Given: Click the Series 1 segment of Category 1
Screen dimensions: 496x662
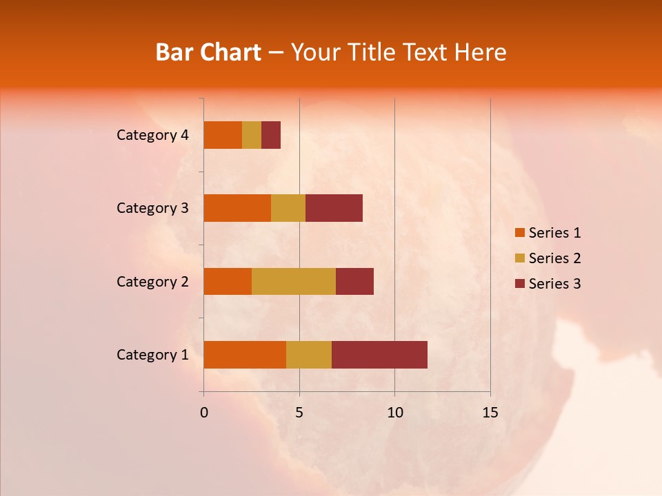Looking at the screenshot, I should (x=245, y=354).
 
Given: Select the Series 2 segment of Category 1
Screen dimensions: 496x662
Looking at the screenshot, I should (x=309, y=354).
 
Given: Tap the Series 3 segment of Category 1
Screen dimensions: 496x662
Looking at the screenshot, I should (x=379, y=354).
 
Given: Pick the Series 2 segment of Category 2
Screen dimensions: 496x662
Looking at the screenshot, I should (x=294, y=281).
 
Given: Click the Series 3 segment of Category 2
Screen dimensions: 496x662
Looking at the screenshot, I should (x=354, y=281).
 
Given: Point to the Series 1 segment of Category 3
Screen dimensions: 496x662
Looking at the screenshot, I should (x=237, y=208).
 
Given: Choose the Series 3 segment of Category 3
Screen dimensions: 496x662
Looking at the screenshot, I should (x=334, y=208).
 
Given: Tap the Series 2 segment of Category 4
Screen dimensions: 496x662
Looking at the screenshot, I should (x=252, y=135).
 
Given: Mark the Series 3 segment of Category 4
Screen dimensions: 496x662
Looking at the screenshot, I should (x=271, y=135).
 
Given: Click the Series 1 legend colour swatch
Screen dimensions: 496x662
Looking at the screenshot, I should (x=519, y=233).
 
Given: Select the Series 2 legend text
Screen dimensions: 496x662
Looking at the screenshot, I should (x=554, y=258).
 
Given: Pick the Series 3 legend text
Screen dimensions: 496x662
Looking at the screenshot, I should (x=554, y=284).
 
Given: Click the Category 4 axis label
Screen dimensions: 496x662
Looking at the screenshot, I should (x=152, y=135).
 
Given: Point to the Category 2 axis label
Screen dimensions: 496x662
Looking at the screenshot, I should (x=152, y=281).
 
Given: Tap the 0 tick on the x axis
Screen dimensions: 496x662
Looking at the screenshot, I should (x=203, y=413).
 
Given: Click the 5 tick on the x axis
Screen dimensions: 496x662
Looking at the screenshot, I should (x=299, y=413).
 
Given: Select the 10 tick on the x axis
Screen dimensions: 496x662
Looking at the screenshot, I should (x=394, y=413).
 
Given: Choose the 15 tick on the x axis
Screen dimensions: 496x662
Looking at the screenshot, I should (x=490, y=413).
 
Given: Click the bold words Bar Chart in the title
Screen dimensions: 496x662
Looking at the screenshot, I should (x=208, y=52).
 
